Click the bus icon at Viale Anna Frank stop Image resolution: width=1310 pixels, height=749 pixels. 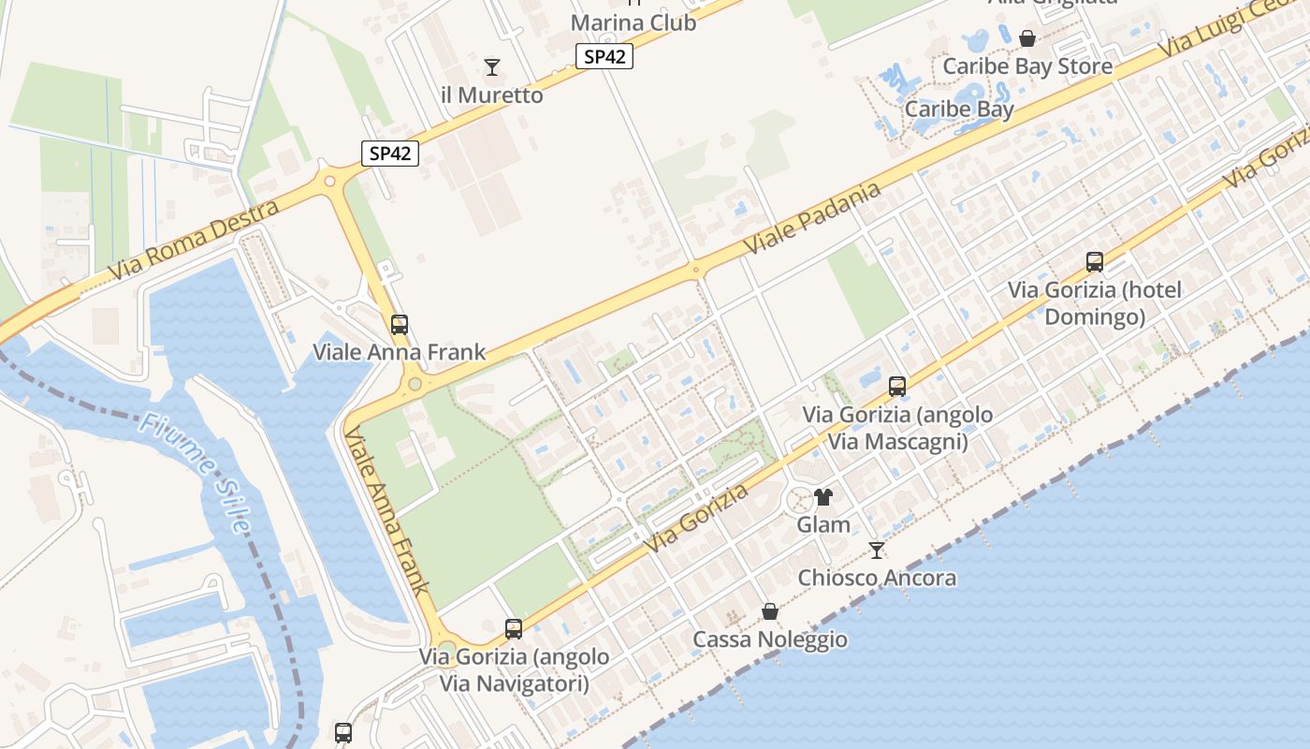coord(400,325)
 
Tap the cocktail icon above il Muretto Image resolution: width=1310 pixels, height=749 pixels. coord(492,67)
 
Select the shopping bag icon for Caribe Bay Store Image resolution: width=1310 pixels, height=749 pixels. coord(1027,38)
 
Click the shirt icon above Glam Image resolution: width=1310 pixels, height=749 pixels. coord(823,497)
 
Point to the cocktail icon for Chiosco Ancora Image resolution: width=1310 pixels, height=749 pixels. coord(877,551)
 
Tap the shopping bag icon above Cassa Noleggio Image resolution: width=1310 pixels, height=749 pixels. coord(770,611)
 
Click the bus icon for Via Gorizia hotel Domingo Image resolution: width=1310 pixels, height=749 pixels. coord(1095,262)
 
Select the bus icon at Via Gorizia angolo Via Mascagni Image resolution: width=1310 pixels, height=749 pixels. coord(897,386)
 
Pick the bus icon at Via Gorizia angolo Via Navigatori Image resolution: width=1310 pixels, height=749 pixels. coord(514,629)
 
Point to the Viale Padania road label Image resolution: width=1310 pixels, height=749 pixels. coord(812,218)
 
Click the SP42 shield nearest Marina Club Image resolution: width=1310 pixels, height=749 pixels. coord(604,57)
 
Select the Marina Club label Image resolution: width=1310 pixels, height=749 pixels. coord(633,22)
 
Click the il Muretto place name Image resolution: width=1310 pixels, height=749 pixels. coord(491,95)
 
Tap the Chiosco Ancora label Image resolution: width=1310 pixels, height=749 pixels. coord(877,579)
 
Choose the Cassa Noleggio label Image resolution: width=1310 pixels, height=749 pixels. coord(770,640)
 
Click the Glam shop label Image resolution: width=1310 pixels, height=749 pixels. coord(823,525)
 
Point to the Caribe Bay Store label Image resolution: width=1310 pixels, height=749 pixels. coord(1027,66)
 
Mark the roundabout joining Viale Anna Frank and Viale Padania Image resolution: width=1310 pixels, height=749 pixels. coord(414,384)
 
